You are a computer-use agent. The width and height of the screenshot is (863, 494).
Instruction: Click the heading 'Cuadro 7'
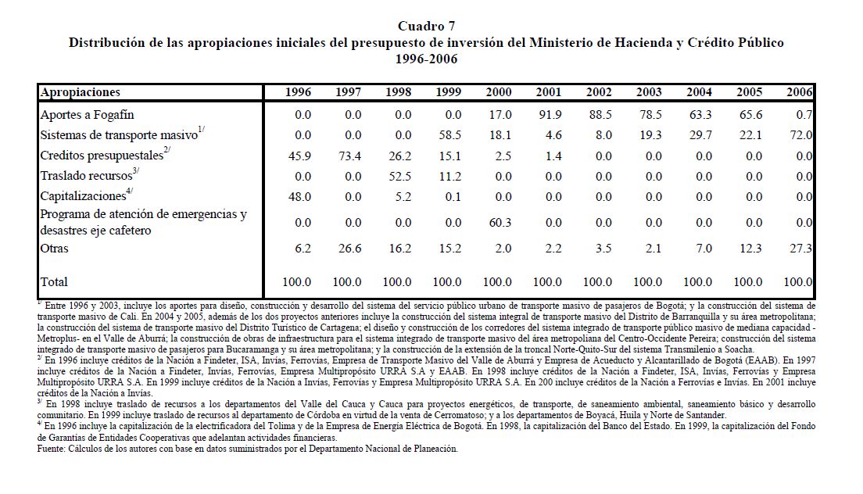pos(426,27)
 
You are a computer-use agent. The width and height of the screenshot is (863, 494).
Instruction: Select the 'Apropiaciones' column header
pos(80,92)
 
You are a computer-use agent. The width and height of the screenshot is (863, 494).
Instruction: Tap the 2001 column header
pos(548,92)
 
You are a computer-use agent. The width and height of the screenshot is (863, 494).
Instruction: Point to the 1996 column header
pos(298,92)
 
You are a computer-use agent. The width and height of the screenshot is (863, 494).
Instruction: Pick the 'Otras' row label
pos(54,249)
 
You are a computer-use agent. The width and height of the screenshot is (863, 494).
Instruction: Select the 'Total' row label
pos(54,281)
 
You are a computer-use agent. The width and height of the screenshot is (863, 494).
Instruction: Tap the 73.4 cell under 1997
pos(348,156)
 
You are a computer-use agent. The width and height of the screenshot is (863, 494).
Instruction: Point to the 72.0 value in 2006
pos(801,135)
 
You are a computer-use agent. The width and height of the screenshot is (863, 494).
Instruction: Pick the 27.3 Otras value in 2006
pos(801,249)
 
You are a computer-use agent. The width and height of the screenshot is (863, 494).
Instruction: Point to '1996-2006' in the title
pos(426,58)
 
